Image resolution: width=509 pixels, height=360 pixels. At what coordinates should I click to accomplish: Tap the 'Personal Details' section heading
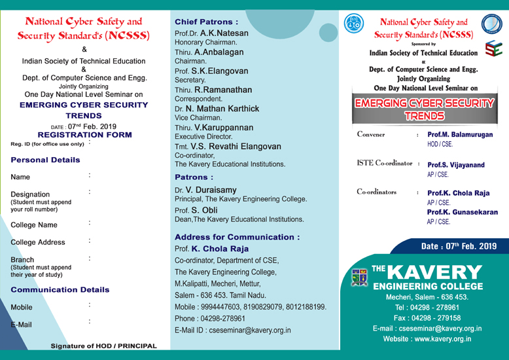46,160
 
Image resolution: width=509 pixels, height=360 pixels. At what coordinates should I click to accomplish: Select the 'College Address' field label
39,242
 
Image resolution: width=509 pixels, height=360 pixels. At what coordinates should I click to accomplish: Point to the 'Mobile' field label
22,307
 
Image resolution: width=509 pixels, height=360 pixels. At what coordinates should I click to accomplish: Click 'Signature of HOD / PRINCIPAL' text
104,346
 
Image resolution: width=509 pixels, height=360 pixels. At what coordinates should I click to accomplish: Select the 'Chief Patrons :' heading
203,22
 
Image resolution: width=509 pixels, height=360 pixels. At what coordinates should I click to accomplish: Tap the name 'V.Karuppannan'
224,127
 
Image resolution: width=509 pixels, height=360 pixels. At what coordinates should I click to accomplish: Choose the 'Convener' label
371,134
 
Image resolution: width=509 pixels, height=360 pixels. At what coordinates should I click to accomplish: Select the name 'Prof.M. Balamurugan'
460,134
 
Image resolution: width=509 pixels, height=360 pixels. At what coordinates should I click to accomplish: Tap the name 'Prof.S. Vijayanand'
456,166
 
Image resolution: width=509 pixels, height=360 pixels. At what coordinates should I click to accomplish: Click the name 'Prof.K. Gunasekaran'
462,213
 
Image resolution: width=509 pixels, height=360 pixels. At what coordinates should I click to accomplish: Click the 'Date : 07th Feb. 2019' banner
459,247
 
